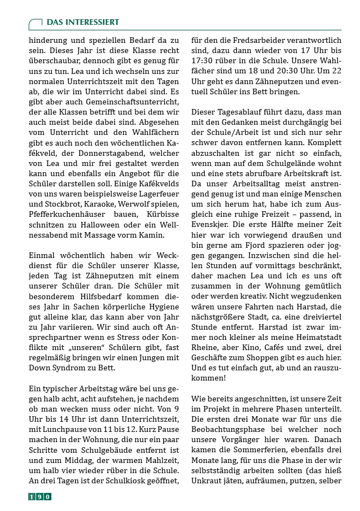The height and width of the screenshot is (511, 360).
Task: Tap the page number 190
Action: point(40,496)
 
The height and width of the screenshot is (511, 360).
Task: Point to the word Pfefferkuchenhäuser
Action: point(65,226)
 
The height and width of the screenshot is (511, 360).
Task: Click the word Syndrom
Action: point(64,368)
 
